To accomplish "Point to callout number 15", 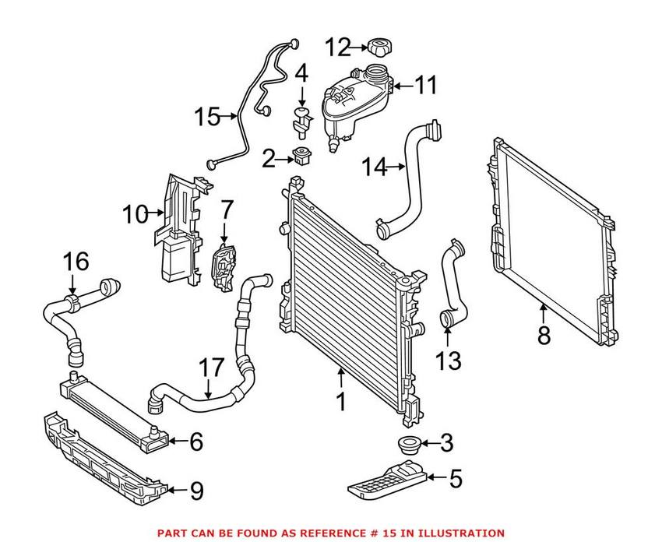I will [x=206, y=118].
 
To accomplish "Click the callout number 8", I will [x=543, y=336].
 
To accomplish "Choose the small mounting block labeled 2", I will [x=300, y=158].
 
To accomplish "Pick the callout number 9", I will [x=195, y=491].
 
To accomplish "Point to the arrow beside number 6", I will [x=176, y=442].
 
